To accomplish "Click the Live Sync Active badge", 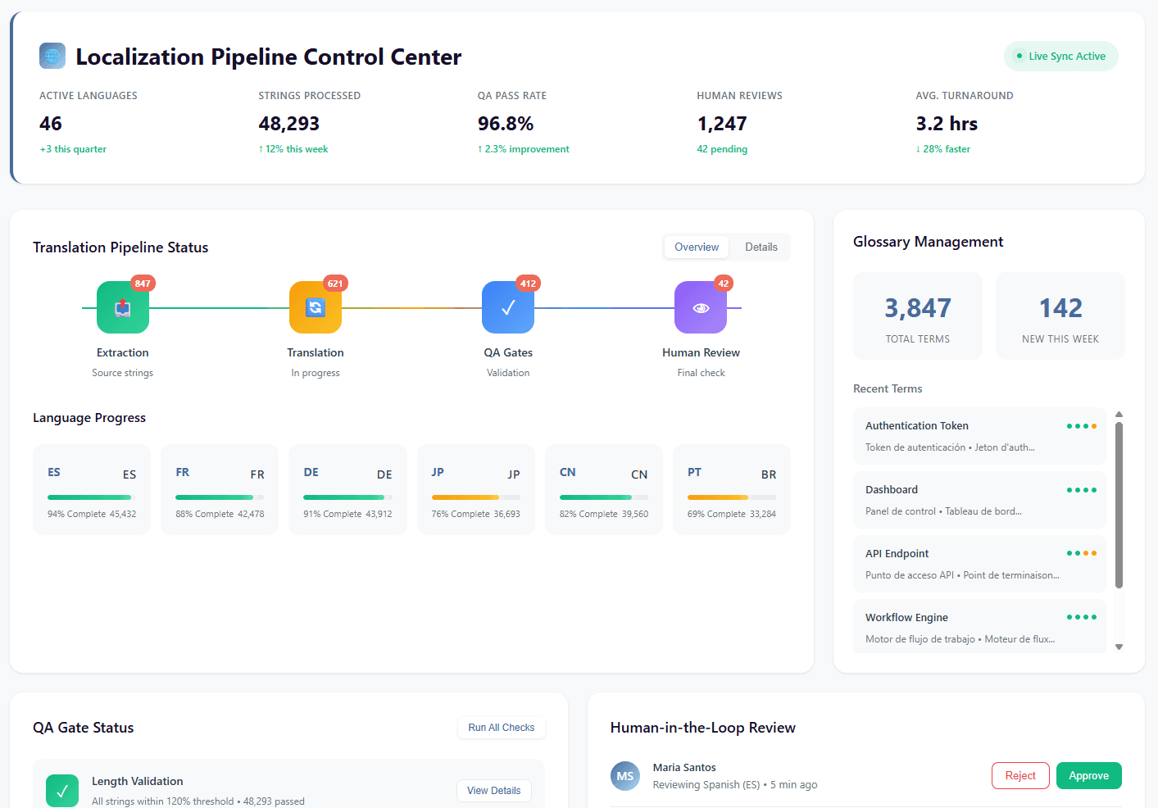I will tap(1060, 57).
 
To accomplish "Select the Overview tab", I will tap(696, 247).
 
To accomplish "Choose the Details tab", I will tap(761, 247).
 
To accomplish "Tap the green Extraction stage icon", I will tap(123, 307).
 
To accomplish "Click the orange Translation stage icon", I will tap(316, 307).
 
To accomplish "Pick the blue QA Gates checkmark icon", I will tap(508, 307).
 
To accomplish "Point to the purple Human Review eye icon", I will tap(701, 307).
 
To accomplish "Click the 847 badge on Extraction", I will tap(143, 284).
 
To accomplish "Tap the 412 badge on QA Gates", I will tap(528, 284).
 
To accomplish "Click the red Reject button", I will tap(1020, 776).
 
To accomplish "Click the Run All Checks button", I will tap(501, 728).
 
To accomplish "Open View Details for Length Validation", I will tap(493, 791).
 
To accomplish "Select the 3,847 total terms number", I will tap(917, 308).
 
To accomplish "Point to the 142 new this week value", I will tap(1060, 308).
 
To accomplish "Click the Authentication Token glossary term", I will tap(917, 426).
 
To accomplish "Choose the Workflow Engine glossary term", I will tap(906, 618).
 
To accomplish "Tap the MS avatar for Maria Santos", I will tap(625, 776).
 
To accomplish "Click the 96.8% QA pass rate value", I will tap(506, 124).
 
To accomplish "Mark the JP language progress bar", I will tap(475, 497).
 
